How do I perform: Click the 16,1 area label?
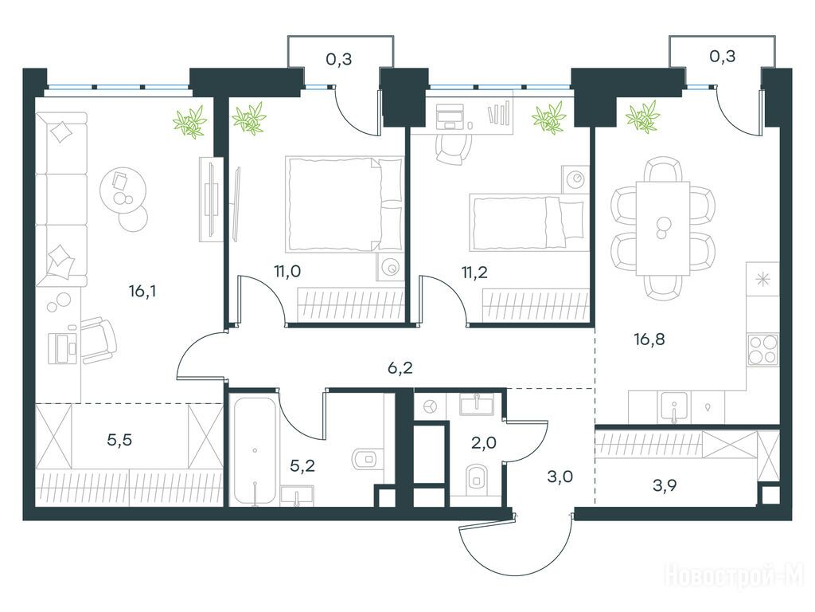click(x=142, y=292)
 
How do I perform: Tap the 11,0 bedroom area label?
click(x=287, y=271)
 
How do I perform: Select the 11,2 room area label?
click(x=474, y=272)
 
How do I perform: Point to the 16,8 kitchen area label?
click(x=649, y=339)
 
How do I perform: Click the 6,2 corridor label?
click(x=400, y=368)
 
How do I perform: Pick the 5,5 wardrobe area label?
click(x=119, y=440)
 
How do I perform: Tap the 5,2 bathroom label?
click(x=302, y=465)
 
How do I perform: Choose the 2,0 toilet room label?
click(x=483, y=443)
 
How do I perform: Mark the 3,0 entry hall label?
click(x=560, y=477)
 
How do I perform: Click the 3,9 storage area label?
click(x=665, y=486)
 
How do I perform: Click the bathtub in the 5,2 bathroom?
click(x=255, y=452)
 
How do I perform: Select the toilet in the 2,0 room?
click(x=476, y=478)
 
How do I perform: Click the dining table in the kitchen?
click(x=663, y=228)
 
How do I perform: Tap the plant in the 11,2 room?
click(x=548, y=118)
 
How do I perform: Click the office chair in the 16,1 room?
click(x=99, y=339)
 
